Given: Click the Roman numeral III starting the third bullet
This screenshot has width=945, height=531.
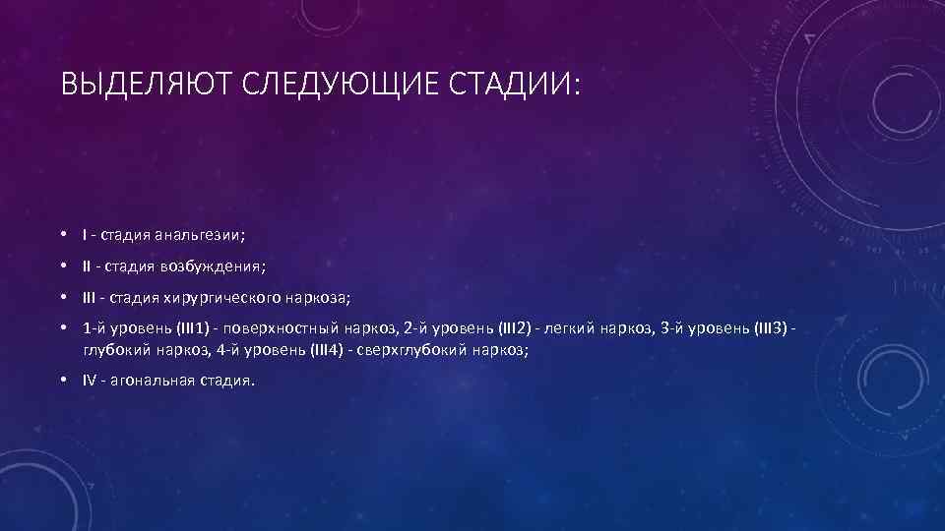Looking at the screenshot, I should point(90,297).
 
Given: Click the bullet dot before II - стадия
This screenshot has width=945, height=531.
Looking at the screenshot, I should point(62,266).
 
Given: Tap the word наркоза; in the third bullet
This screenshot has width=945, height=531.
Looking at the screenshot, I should point(320,297).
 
